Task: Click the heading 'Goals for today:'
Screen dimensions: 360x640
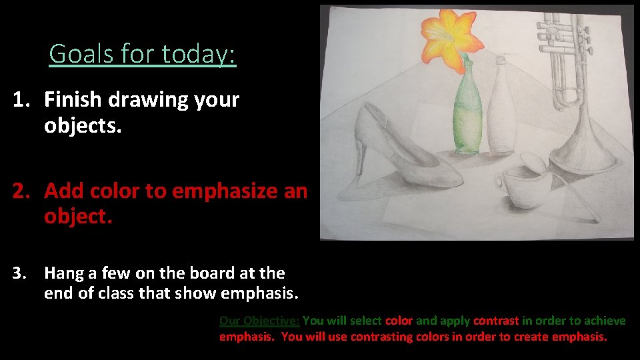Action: coord(142,53)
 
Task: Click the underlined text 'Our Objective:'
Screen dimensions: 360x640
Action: coord(259,321)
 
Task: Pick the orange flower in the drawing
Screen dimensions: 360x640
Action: coord(451,41)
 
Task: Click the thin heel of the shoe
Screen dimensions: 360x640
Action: coord(361,157)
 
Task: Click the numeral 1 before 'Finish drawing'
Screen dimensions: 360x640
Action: coord(20,100)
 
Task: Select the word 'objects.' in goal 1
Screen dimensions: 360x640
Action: coord(83,125)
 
